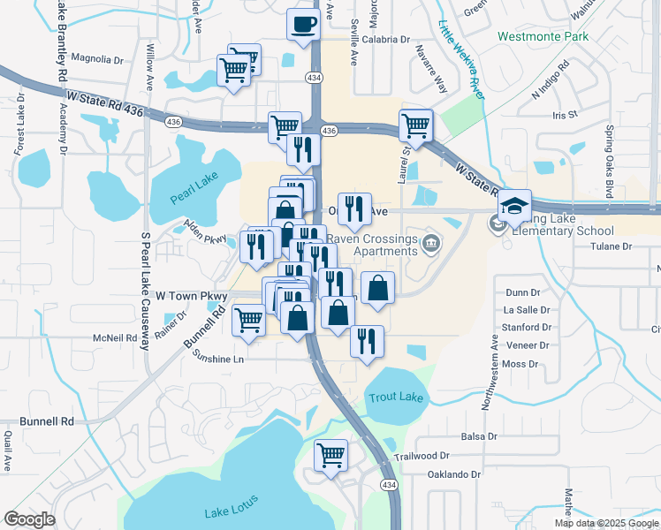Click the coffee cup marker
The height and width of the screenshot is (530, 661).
(x=303, y=24)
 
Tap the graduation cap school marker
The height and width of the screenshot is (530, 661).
(x=513, y=206)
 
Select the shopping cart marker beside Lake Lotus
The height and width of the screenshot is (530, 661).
(x=330, y=457)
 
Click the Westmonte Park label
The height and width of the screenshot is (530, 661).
(x=543, y=37)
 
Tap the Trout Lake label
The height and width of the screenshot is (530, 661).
(x=395, y=397)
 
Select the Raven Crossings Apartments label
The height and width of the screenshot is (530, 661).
(x=373, y=245)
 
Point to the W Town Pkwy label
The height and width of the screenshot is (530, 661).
(x=191, y=296)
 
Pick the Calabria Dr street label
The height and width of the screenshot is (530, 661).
(x=385, y=40)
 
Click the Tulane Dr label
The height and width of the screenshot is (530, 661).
(x=612, y=246)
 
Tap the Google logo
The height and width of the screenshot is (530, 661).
(x=29, y=519)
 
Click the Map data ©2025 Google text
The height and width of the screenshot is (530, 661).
(x=605, y=523)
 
